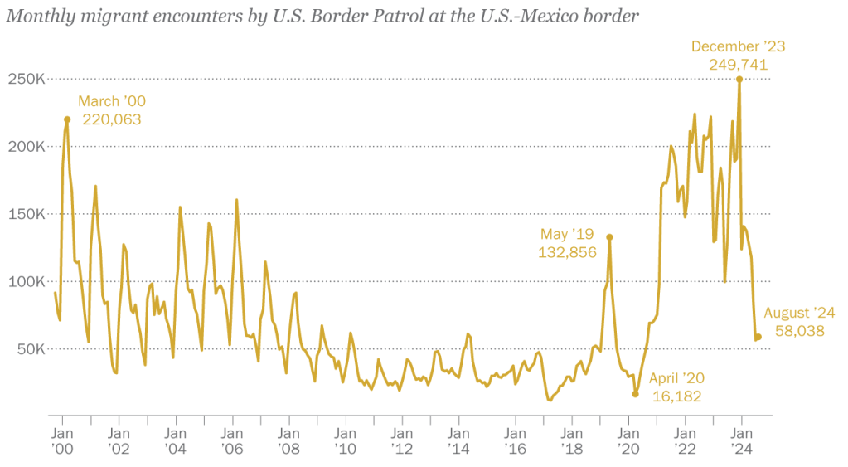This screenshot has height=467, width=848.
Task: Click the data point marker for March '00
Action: click(67, 119)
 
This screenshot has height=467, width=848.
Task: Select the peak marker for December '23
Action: click(739, 80)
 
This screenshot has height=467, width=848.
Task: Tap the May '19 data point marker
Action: click(609, 237)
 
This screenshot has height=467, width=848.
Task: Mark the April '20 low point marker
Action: click(636, 394)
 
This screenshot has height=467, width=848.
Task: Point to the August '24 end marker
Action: click(758, 337)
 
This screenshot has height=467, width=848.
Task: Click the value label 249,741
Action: click(738, 65)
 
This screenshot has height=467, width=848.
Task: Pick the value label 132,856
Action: click(568, 253)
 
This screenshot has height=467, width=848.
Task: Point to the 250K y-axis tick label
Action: click(27, 80)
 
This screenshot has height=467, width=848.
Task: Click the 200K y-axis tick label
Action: click(27, 147)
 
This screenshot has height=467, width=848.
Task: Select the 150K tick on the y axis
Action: click(27, 214)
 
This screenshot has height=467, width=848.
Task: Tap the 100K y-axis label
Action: click(27, 281)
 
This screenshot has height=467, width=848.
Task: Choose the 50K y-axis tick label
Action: click(31, 348)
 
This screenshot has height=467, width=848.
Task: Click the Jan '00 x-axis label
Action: click(62, 440)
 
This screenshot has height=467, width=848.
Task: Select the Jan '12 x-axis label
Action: click(402, 440)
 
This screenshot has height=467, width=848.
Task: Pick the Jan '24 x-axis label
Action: click(742, 440)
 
